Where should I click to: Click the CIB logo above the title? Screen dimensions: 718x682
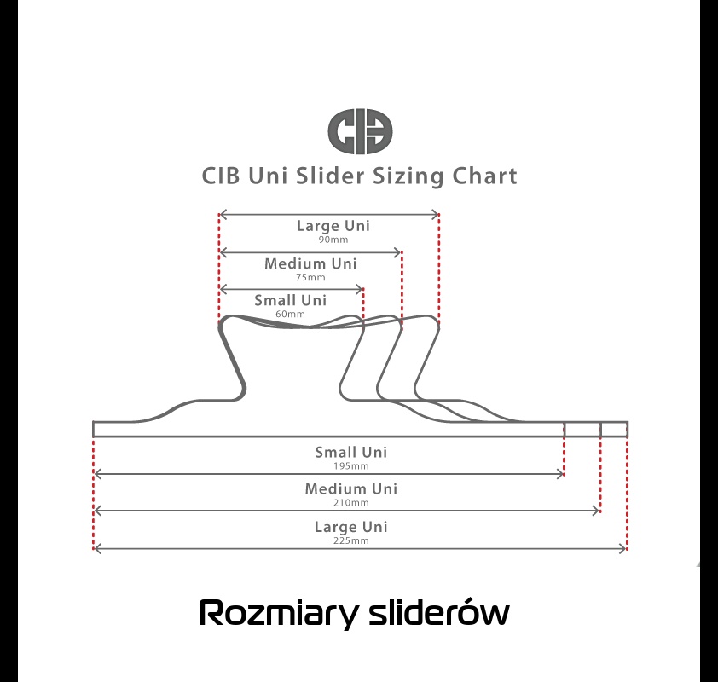[360, 131]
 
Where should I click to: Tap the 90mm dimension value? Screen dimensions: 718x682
[333, 240]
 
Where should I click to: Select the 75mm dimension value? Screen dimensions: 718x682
[310, 277]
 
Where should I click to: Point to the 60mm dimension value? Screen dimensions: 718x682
[290, 314]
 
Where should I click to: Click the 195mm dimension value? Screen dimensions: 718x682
[351, 466]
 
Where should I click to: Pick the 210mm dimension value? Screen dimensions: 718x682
[351, 503]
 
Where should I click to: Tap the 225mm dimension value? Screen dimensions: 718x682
[351, 540]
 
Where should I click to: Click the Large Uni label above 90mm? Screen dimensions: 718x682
[333, 226]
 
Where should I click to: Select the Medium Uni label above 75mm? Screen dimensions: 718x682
[310, 263]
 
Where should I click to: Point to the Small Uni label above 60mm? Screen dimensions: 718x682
[290, 300]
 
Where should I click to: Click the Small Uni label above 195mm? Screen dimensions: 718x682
[351, 452]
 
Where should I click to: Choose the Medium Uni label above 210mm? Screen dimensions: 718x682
[351, 488]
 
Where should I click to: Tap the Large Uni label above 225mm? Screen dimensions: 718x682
[351, 527]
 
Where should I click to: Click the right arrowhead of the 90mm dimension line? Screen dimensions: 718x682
[436, 214]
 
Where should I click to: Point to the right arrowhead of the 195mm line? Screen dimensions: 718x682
[560, 474]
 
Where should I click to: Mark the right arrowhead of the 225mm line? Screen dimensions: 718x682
[622, 549]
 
